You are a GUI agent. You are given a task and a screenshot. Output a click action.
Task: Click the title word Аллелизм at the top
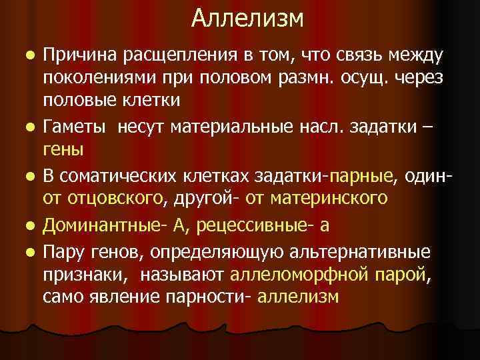(x=247, y=19)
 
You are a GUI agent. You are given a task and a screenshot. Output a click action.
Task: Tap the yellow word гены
(x=63, y=150)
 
